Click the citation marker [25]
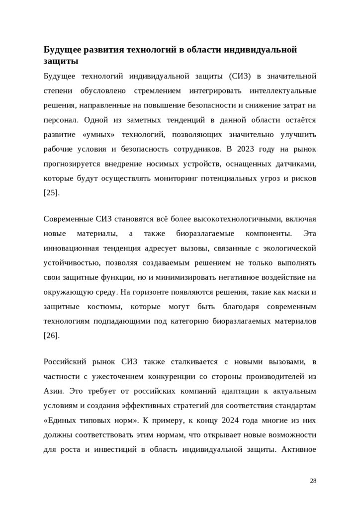click(52, 192)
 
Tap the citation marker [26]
click(52, 336)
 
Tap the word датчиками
click(294, 164)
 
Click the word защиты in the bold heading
click(60, 62)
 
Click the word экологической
click(289, 248)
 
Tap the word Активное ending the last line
click(299, 449)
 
